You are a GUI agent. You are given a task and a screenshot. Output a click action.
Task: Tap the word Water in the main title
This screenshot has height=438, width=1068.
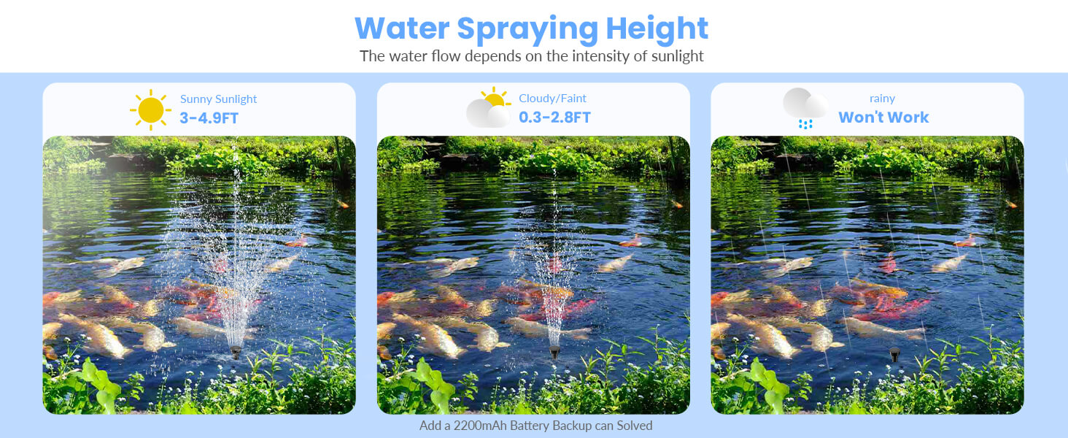[x=401, y=28]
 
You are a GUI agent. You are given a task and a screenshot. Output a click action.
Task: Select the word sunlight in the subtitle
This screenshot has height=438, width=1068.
[x=675, y=56]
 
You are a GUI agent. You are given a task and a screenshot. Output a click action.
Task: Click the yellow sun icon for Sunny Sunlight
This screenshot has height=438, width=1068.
[x=151, y=109]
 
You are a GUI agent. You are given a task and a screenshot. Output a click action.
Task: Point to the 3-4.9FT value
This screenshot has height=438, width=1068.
[x=209, y=118]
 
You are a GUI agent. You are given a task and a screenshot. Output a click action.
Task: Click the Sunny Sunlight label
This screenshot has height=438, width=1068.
[x=218, y=99]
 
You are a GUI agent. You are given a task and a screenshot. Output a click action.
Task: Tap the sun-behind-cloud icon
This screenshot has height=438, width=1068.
[x=488, y=108]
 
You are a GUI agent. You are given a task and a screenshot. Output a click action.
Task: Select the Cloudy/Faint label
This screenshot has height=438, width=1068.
[x=552, y=99]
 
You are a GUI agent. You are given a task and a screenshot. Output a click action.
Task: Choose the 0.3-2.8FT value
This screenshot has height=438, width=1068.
[x=554, y=118]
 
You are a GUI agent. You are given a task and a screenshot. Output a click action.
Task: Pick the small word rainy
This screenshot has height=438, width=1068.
[x=883, y=99]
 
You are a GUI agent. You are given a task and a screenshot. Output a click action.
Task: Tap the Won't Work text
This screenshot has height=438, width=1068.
[x=883, y=118]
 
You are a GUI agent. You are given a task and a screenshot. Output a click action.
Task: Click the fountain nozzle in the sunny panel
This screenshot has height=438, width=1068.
[x=236, y=353]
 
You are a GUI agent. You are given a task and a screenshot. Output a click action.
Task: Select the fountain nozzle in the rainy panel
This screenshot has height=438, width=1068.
[x=894, y=356]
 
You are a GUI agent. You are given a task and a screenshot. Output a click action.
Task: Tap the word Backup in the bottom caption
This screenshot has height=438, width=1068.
[x=574, y=426]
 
